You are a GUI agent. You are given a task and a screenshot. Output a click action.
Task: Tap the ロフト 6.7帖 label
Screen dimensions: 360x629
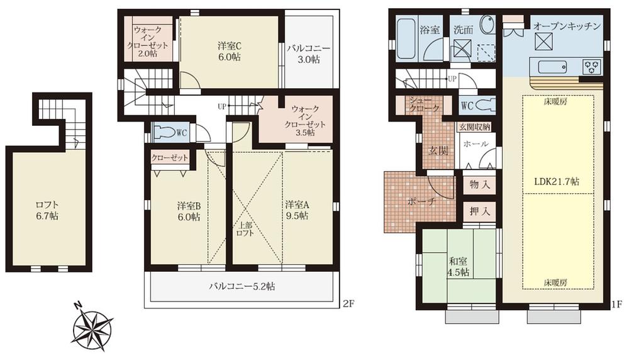pyautogui.click(x=47, y=210)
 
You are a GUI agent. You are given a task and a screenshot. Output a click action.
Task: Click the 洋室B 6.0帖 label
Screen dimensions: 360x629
pyautogui.click(x=188, y=210)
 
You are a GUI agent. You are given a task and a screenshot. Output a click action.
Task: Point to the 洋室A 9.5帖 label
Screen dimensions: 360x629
pyautogui.click(x=296, y=210)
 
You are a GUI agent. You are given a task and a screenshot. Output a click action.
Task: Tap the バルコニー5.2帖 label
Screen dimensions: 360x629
pyautogui.click(x=242, y=286)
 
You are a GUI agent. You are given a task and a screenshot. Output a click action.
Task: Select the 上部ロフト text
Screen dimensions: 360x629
pyautogui.click(x=245, y=229)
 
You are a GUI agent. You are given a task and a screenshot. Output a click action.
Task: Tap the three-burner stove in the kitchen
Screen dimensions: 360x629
pyautogui.click(x=591, y=65)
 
